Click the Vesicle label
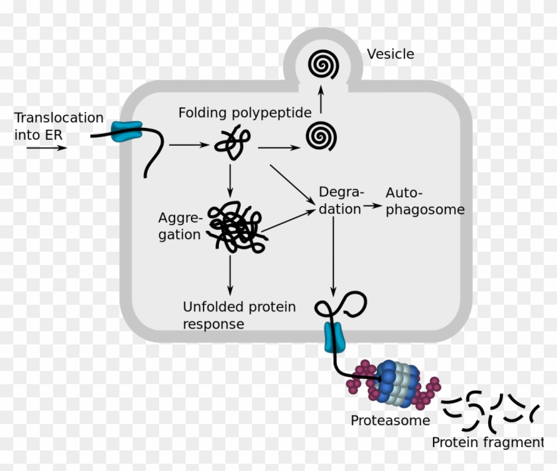(391, 54)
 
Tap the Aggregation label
(179, 226)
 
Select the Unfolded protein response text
(239, 315)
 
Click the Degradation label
(341, 200)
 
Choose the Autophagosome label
(424, 201)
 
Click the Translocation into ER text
(59, 126)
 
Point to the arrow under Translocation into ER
(47, 147)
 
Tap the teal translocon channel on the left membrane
(126, 131)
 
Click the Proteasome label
(390, 420)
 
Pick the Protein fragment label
(487, 443)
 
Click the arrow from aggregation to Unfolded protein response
(229, 274)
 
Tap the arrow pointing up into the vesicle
(321, 100)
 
